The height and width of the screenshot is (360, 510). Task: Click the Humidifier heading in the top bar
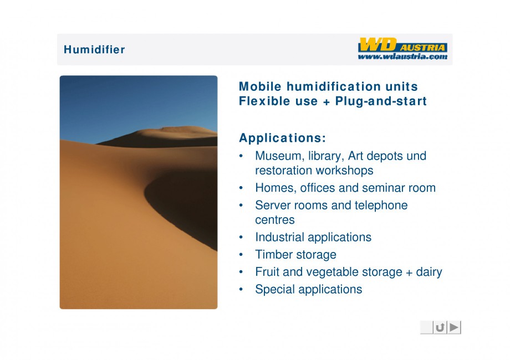[x=94, y=49]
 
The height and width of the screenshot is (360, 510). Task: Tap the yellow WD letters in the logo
[x=378, y=45]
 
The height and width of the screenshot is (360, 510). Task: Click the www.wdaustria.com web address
[x=402, y=56]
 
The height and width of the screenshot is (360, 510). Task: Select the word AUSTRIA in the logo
[x=422, y=48]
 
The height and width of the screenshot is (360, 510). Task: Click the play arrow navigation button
[x=454, y=327]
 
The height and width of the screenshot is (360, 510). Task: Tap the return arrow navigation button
[x=440, y=327]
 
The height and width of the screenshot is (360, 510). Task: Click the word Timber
[x=272, y=255]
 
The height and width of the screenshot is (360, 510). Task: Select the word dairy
[x=429, y=272]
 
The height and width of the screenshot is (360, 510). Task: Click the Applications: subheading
[x=282, y=138]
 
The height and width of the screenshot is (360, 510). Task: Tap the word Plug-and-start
[x=381, y=101]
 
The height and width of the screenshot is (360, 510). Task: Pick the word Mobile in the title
[x=260, y=86]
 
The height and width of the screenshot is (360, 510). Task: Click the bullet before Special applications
[x=241, y=289]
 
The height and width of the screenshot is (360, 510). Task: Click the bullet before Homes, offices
[x=241, y=188]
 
